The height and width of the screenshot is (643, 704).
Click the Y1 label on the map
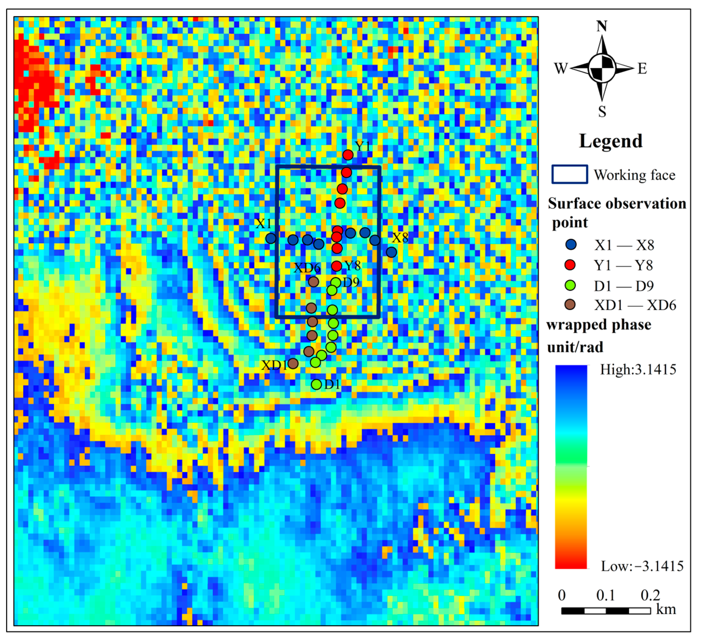[362, 146]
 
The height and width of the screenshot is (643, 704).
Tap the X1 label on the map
[263, 224]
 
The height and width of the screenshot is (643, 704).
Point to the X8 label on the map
[400, 238]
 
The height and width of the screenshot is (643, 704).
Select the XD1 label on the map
[274, 365]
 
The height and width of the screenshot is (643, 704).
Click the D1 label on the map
[332, 384]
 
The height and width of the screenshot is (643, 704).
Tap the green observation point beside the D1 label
[316, 385]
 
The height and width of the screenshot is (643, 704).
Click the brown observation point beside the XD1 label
[293, 364]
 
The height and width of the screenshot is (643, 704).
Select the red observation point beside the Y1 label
[348, 155]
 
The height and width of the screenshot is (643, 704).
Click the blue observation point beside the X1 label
[271, 238]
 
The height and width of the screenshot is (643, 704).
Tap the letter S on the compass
[602, 112]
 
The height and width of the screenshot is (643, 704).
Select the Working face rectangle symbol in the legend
[570, 174]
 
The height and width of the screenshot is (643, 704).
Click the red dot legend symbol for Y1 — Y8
[570, 265]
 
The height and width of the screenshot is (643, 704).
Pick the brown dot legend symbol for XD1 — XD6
[570, 305]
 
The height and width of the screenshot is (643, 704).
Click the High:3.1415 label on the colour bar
[638, 370]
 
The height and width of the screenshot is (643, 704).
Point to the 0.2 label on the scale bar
[650, 595]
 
